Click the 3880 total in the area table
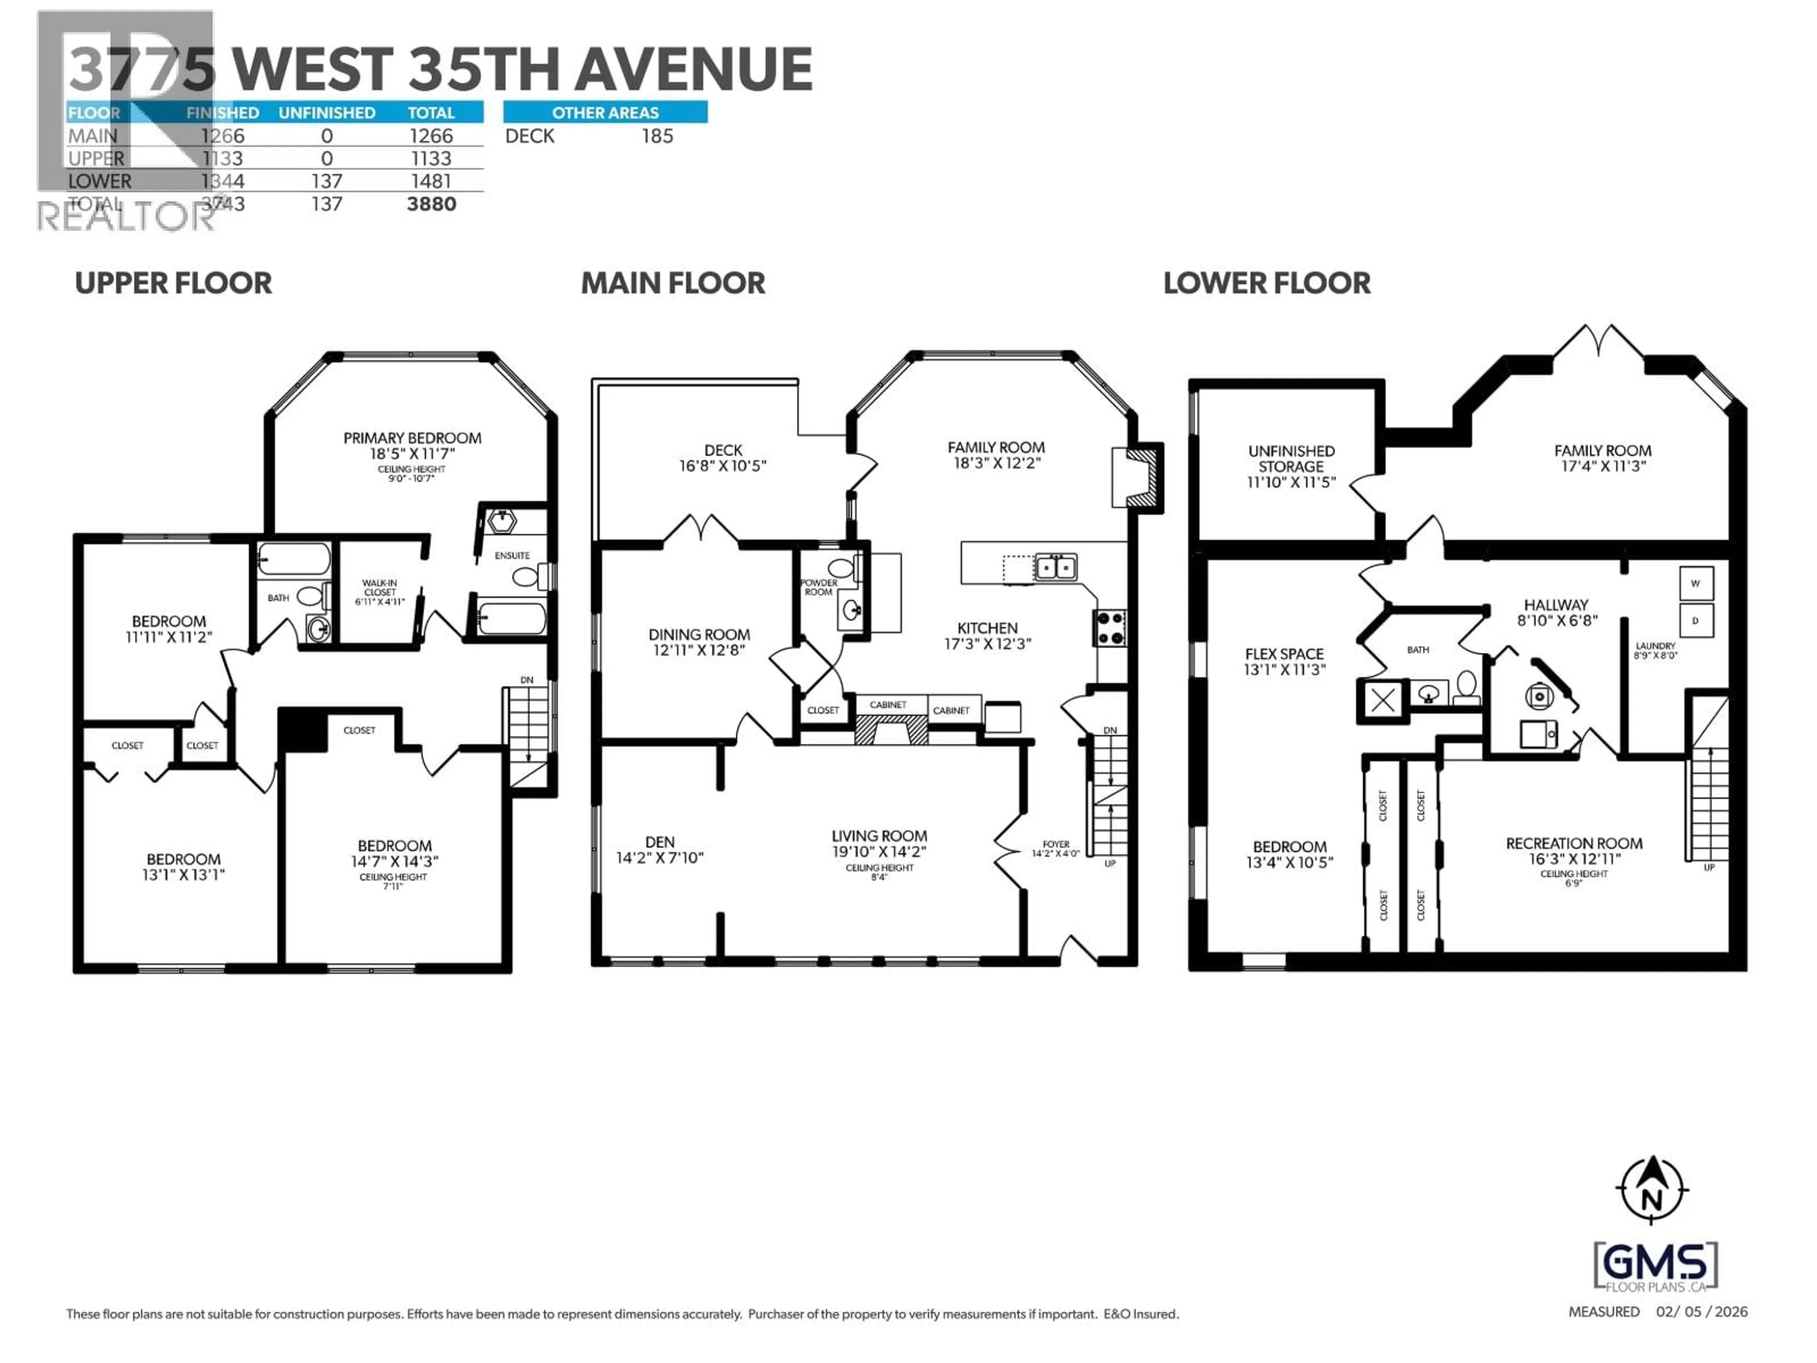(x=431, y=204)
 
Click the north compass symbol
(x=1652, y=1190)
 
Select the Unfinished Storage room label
(x=1291, y=459)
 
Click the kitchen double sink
(x=1055, y=567)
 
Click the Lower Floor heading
(x=1266, y=283)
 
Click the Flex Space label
(x=1284, y=654)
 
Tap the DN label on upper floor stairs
(x=527, y=680)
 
